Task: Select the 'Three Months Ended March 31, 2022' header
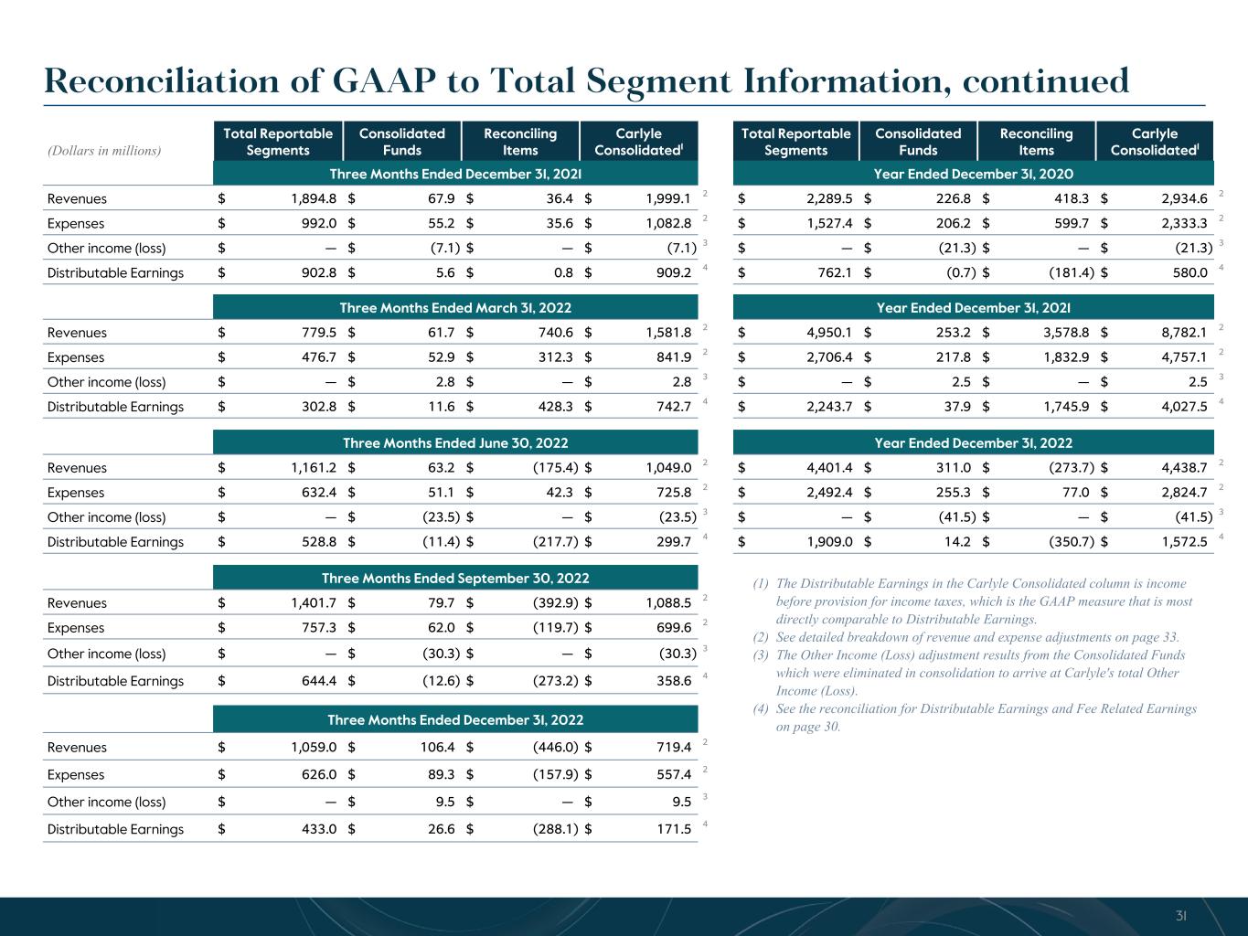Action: [455, 308]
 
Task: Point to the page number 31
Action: [1180, 916]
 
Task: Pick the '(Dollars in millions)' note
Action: [104, 150]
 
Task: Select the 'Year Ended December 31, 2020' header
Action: [973, 174]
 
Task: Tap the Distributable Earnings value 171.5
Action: [673, 829]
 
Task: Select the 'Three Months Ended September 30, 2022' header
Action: [455, 579]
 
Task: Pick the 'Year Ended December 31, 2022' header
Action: [973, 443]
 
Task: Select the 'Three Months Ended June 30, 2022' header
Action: [455, 443]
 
